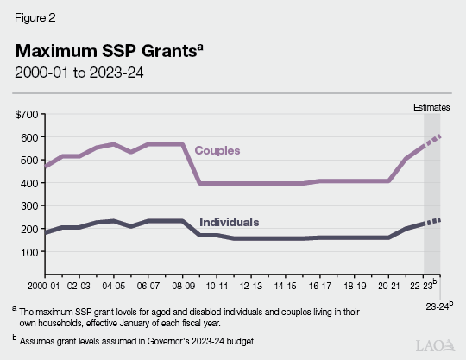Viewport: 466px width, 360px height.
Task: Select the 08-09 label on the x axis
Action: pos(184,283)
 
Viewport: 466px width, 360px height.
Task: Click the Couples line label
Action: pos(216,150)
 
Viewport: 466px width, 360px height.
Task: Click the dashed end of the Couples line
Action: pos(431,141)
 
